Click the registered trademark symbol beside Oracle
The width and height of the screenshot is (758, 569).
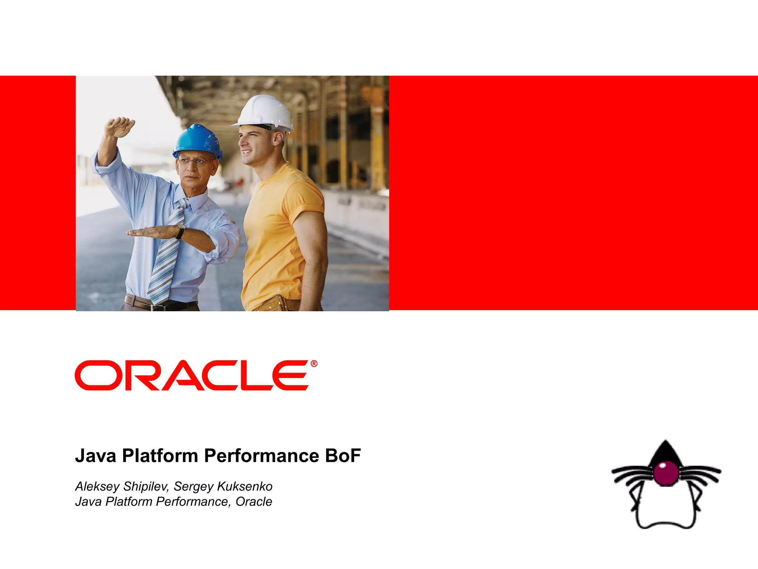tap(314, 364)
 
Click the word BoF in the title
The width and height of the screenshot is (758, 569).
tap(343, 456)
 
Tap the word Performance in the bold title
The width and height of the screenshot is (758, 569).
tap(261, 456)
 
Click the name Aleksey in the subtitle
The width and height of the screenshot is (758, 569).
tap(97, 486)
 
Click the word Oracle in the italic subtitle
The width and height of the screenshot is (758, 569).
tap(254, 502)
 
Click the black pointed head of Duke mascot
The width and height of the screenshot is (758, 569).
tap(665, 452)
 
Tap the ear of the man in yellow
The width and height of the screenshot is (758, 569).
tap(278, 138)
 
